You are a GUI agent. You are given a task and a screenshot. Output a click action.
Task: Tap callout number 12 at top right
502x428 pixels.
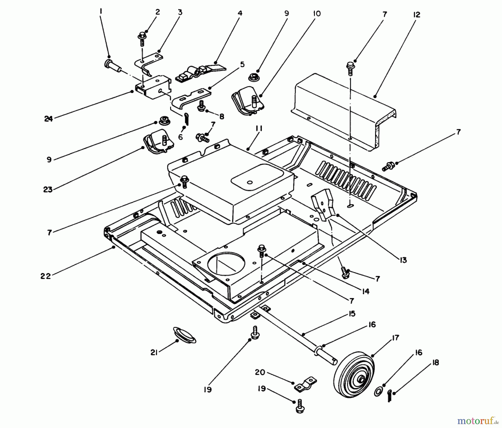(x=416, y=15)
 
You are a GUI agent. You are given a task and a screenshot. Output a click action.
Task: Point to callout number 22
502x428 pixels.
(x=45, y=276)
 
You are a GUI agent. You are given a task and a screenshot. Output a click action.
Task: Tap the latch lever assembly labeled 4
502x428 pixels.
(x=198, y=73)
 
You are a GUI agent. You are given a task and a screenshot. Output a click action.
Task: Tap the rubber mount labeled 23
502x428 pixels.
(x=158, y=141)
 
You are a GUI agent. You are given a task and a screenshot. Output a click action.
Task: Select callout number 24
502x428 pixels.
(x=48, y=119)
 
